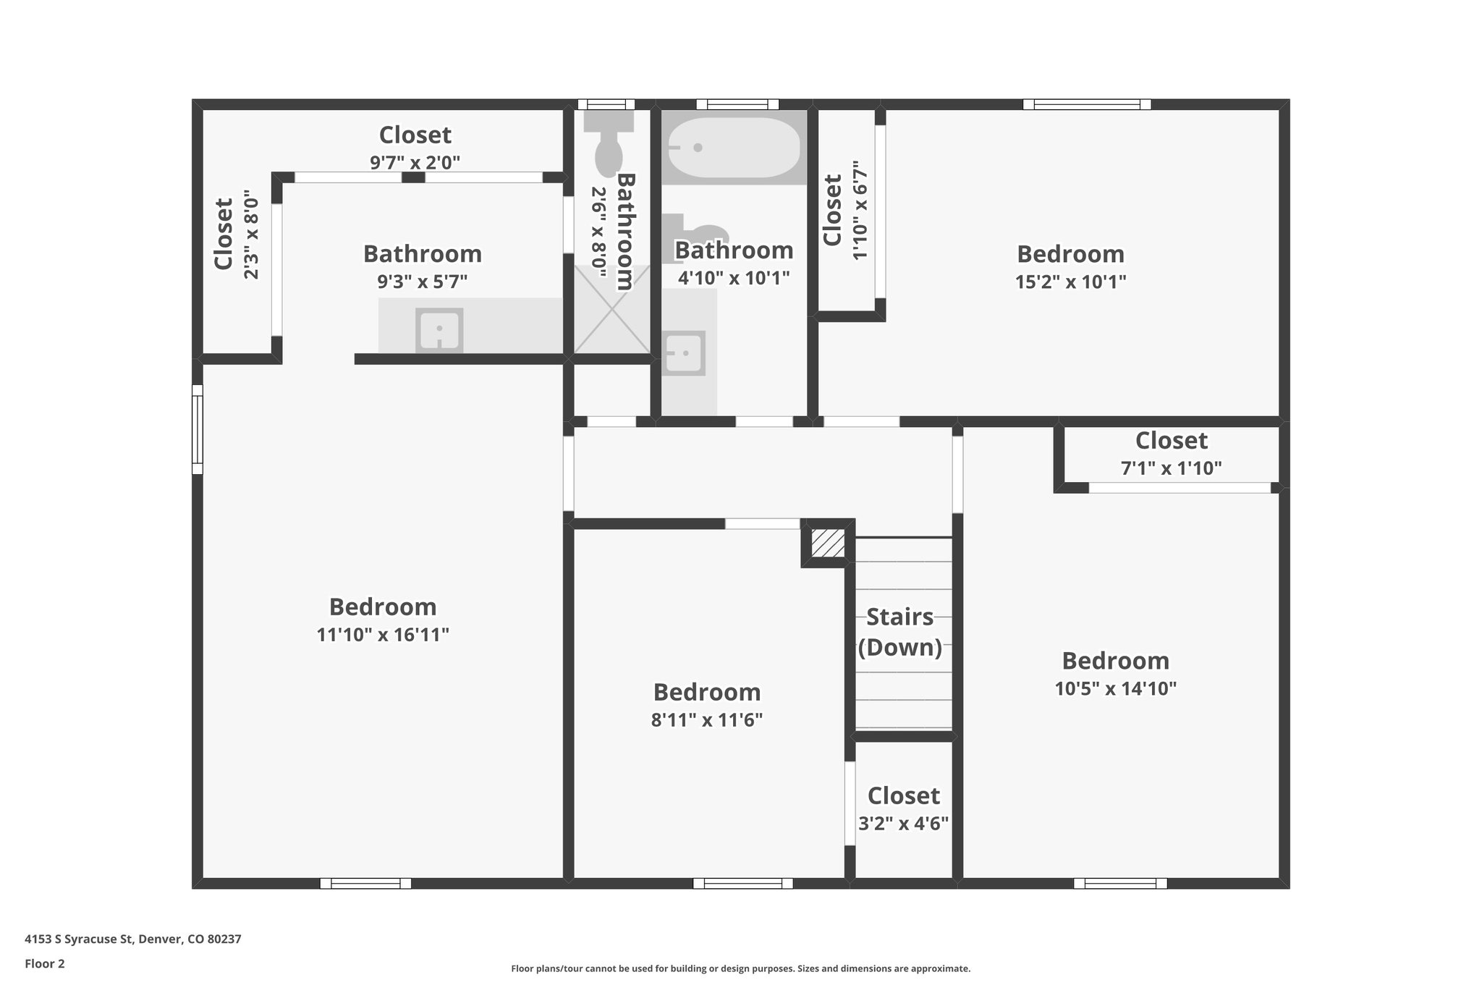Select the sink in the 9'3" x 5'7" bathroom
coord(439,331)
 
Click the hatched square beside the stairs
coord(828,543)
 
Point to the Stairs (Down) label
coord(900,632)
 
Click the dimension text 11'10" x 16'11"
coord(383,635)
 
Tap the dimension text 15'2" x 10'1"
coord(1070,282)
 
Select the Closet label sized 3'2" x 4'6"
coord(903,795)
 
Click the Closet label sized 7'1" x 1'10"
coord(1171,440)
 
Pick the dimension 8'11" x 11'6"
coord(707,720)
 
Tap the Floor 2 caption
coord(45,963)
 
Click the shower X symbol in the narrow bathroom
coord(612,309)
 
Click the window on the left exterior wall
coord(198,429)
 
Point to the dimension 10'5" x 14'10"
coord(1115,688)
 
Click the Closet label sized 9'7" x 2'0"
coord(415,135)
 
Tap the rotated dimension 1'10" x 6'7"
coord(860,211)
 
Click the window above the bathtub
coord(737,104)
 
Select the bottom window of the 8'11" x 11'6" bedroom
coord(742,883)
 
